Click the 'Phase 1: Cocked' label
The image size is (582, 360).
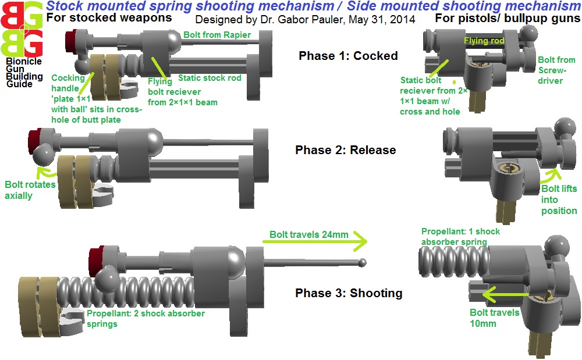(x=348, y=56)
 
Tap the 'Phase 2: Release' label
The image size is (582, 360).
(x=346, y=150)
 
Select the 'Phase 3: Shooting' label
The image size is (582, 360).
(x=349, y=293)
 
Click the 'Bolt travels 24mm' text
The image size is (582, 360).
(x=309, y=234)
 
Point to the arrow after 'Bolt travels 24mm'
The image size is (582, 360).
(x=315, y=241)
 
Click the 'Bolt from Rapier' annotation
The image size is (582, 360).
(x=217, y=34)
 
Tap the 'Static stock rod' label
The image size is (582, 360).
(x=210, y=78)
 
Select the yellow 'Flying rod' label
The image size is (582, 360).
(x=484, y=40)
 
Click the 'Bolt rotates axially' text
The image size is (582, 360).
(x=30, y=190)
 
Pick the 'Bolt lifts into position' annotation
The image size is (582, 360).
(x=559, y=199)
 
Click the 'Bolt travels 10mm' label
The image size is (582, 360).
(x=494, y=318)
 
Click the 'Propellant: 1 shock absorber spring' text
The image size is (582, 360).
(x=460, y=237)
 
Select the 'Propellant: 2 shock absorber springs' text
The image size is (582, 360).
(x=146, y=319)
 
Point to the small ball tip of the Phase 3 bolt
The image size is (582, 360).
(x=362, y=263)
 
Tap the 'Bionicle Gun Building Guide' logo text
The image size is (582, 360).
(x=24, y=73)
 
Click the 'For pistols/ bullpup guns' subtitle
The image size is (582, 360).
(x=508, y=18)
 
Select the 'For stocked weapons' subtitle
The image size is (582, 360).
(x=109, y=17)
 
